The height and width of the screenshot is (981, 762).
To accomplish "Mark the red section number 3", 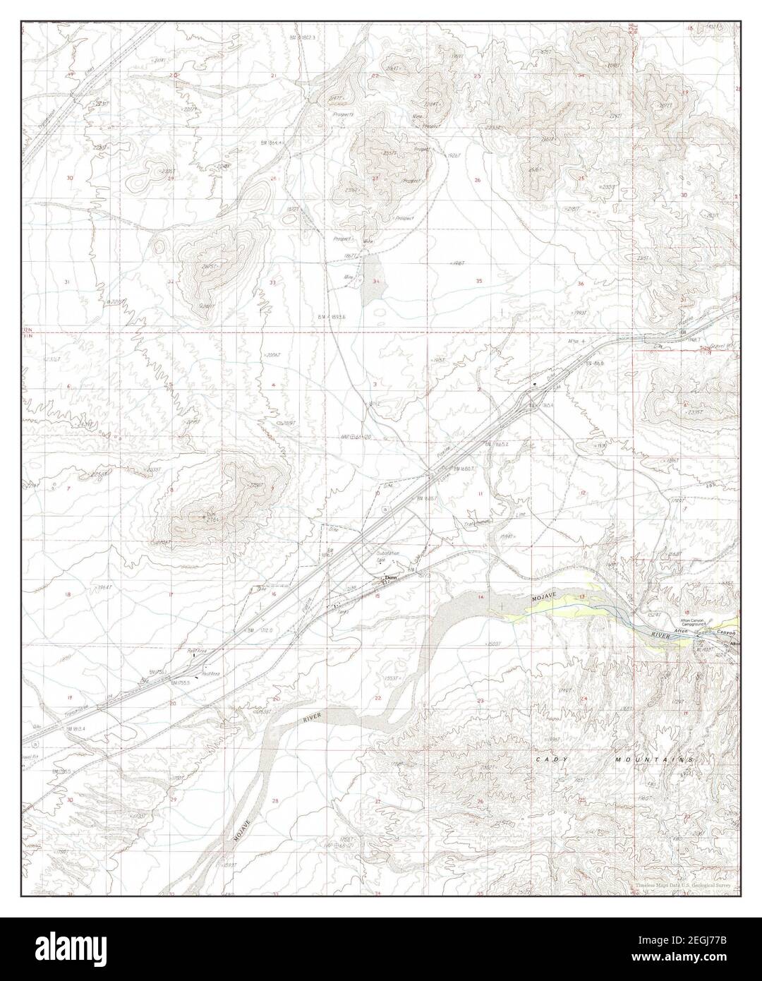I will (x=375, y=384).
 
